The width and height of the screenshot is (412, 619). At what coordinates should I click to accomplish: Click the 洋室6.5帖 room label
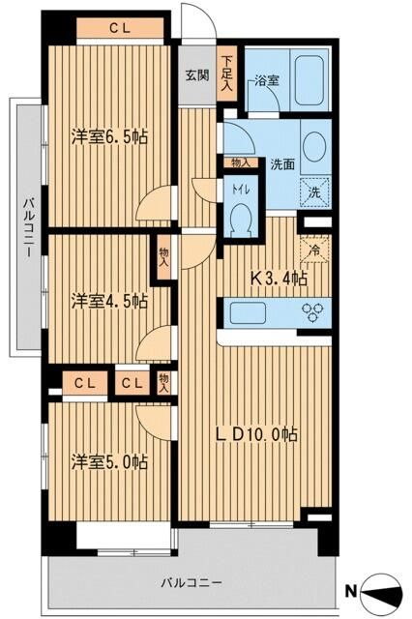coord(109,138)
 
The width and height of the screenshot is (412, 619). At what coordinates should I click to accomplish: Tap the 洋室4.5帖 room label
coord(109,301)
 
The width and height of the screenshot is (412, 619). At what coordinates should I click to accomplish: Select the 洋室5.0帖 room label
coord(109,461)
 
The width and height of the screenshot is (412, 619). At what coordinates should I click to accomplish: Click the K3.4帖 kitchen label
coord(280,280)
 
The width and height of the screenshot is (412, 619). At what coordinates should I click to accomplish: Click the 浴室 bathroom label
coord(267,81)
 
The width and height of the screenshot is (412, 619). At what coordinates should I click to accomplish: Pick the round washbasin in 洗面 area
coord(314,146)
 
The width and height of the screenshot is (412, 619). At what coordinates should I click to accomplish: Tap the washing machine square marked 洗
coord(313,192)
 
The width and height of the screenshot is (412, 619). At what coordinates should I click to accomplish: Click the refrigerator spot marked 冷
coord(314,249)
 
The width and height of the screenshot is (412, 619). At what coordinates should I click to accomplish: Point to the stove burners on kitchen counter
coord(314,312)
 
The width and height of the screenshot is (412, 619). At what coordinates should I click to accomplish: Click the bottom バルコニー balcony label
coord(192,583)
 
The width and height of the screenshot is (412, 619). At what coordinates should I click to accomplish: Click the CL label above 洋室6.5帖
coord(120,28)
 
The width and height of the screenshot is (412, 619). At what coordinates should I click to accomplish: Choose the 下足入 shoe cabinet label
coord(226,74)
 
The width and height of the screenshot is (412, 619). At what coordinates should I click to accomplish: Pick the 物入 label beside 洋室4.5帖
coord(163,255)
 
